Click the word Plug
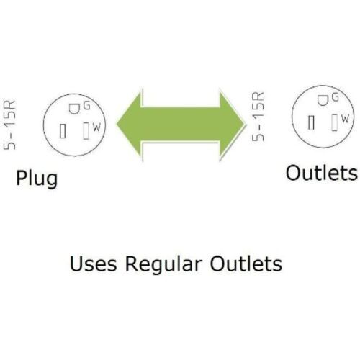point(37,179)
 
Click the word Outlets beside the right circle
point(322,173)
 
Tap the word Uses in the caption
point(94,264)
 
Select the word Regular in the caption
point(163,264)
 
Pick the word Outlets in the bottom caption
point(246,264)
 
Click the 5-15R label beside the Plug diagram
point(9,125)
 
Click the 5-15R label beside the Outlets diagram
point(258,117)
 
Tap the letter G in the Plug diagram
point(86,106)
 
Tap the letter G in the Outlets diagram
point(336,98)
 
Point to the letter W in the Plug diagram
point(96,127)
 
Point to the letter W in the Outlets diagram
point(345,119)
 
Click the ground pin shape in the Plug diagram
point(73,109)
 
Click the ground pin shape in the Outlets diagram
point(322,101)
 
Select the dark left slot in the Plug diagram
point(63,131)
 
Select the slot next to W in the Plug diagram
point(86,131)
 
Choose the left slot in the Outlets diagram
point(311,122)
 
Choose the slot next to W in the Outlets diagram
point(335,122)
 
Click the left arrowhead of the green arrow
point(130,124)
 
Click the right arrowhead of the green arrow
point(233,124)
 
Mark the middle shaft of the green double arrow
point(181,124)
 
